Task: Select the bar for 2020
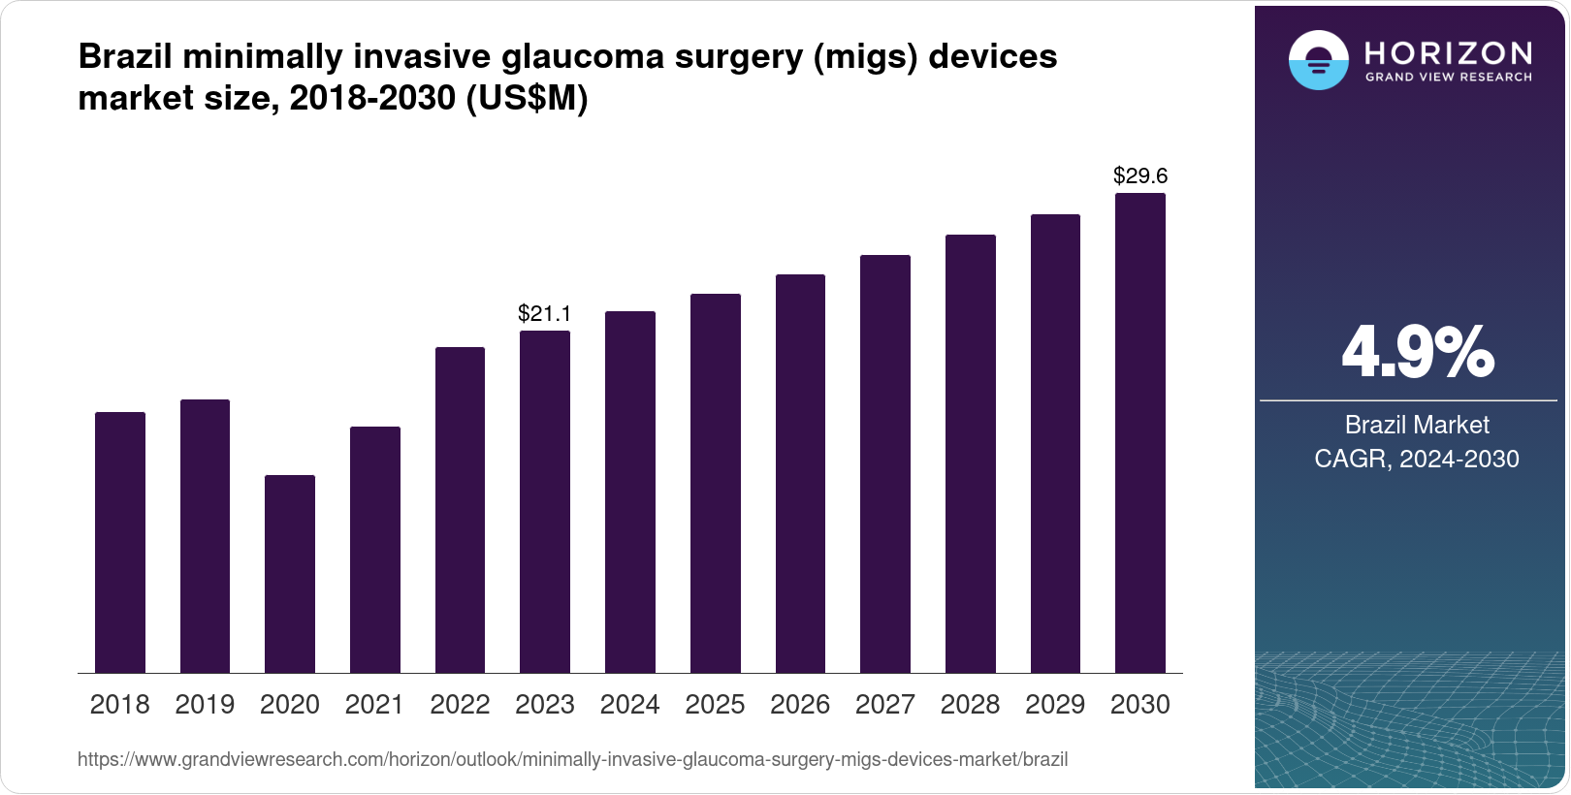click(x=290, y=574)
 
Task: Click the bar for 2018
click(x=120, y=543)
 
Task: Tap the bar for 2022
click(x=460, y=510)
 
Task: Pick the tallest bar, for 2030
click(x=1140, y=433)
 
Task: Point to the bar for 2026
click(x=800, y=474)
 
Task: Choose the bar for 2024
click(x=630, y=493)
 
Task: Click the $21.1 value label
click(x=545, y=313)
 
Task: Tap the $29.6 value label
click(x=1140, y=175)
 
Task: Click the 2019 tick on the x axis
click(x=205, y=705)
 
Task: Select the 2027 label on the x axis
click(x=885, y=705)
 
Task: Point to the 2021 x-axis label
click(x=374, y=705)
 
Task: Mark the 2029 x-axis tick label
click(x=1055, y=705)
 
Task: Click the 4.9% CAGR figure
click(x=1417, y=353)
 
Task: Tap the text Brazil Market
click(x=1417, y=425)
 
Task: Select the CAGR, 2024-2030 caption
click(x=1417, y=459)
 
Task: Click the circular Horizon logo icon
click(x=1318, y=60)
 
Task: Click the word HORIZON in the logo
click(x=1448, y=52)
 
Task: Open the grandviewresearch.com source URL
click(x=572, y=760)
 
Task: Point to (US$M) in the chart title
click(x=528, y=98)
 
